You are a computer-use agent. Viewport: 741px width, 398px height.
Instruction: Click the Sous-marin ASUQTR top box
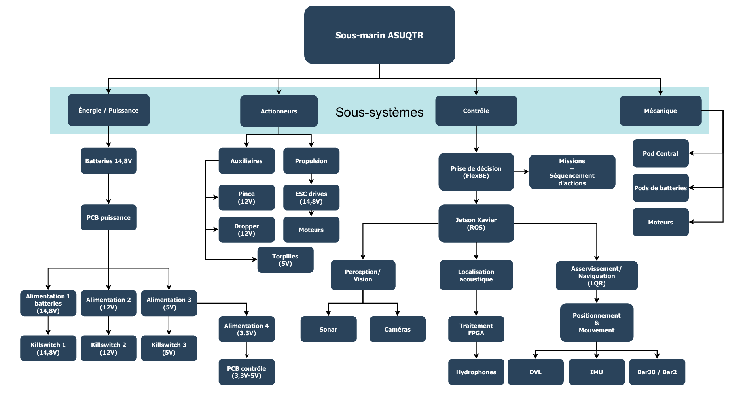coord(379,35)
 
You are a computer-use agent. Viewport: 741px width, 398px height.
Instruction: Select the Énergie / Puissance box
coord(108,110)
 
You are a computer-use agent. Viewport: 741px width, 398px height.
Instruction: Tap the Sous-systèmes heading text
coord(379,112)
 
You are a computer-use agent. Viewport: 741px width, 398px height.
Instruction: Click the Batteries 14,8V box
coord(108,161)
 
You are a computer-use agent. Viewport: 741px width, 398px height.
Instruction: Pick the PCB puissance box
coord(108,217)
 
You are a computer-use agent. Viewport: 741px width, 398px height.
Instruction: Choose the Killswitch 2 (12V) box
coord(108,348)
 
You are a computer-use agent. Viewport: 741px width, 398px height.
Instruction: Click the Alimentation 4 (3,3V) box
coord(246,329)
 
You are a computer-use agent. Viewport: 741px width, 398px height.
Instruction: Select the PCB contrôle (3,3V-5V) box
coord(246,372)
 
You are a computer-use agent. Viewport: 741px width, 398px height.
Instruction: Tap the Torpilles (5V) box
coord(285,260)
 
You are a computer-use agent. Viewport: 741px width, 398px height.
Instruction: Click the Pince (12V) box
coord(246,197)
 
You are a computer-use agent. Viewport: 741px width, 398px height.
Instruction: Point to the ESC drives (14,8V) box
coord(311,197)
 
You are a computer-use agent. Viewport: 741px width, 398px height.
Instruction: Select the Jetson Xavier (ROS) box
coord(476,223)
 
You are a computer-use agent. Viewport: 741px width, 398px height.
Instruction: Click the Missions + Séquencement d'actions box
coord(572,172)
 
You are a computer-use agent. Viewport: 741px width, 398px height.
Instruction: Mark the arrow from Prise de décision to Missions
coord(521,172)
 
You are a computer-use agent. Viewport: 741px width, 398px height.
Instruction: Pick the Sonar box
coord(328,329)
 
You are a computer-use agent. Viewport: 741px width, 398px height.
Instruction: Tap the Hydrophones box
coord(476,372)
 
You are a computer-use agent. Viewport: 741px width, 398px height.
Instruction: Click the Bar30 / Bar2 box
coord(657,372)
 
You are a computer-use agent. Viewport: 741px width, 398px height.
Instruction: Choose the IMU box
coord(596,372)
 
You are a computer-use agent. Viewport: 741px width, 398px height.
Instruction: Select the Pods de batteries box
coord(660,188)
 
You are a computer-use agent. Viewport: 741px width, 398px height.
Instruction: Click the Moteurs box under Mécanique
coord(660,222)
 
